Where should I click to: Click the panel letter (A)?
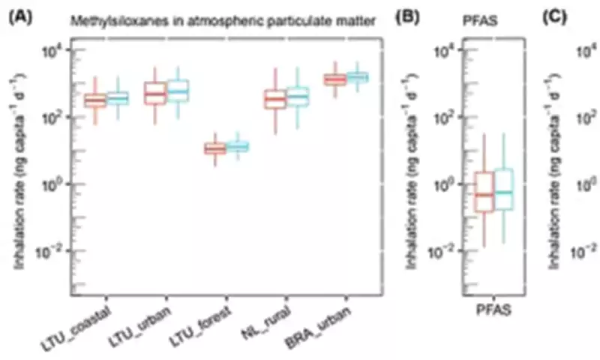pyautogui.click(x=19, y=21)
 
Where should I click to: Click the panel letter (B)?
pyautogui.click(x=415, y=21)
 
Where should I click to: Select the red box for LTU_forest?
pyautogui.click(x=215, y=148)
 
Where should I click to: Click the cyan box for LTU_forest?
pyautogui.click(x=238, y=146)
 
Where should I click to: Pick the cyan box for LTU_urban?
pyautogui.click(x=178, y=91)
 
